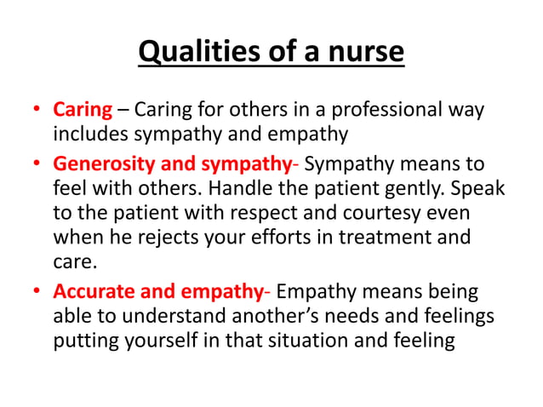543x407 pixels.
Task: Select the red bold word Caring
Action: pos(83,110)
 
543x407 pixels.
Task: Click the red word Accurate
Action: pos(94,292)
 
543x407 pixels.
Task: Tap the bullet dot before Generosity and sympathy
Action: pos(38,163)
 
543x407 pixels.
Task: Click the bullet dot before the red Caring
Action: pos(38,111)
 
